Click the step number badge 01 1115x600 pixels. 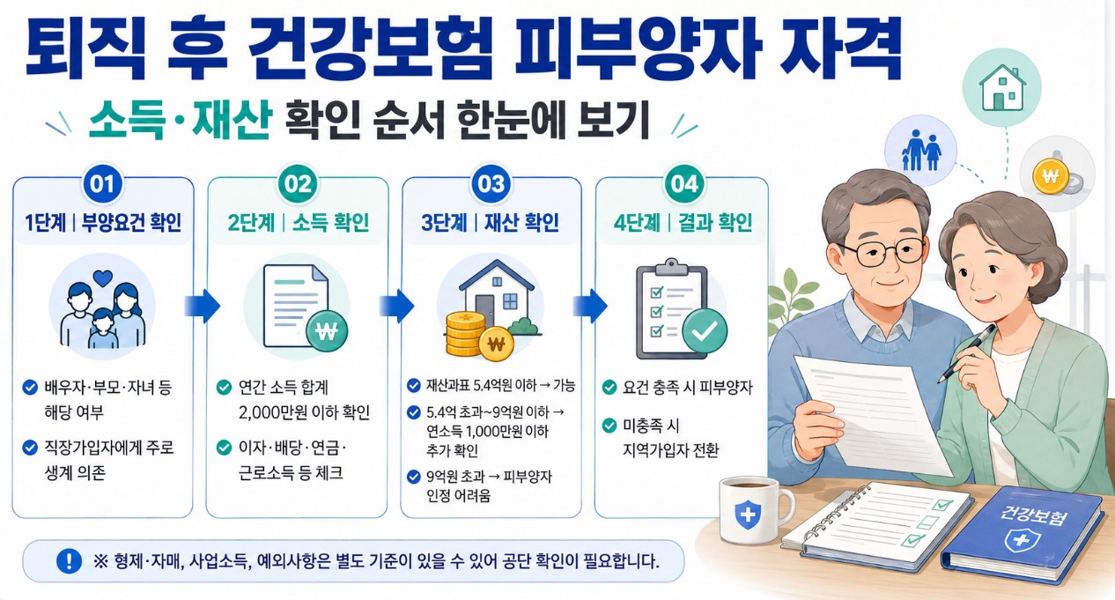(x=102, y=184)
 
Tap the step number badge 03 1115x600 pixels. (x=491, y=184)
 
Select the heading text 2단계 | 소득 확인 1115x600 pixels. (x=299, y=223)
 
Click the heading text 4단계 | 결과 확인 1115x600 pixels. (x=683, y=223)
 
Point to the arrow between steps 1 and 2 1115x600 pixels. (x=202, y=306)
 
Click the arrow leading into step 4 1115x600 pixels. (x=590, y=306)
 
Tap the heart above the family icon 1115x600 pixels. (x=103, y=278)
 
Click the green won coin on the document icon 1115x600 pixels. (x=327, y=331)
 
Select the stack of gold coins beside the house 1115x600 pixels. (x=465, y=334)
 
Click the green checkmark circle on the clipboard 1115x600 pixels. (x=705, y=330)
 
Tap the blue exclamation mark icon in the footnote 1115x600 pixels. (x=69, y=560)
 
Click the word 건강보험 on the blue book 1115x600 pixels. (x=1033, y=515)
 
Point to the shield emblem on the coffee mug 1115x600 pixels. (x=748, y=515)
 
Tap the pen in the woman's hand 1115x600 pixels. (x=966, y=353)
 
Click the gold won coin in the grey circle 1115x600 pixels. (x=1051, y=175)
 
